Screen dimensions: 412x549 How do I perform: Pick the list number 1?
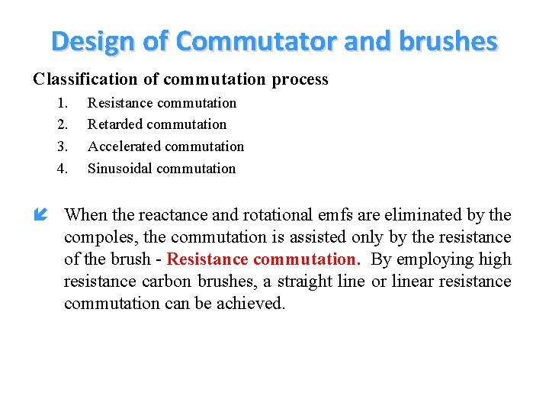click(63, 103)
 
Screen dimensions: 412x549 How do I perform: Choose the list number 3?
click(63, 146)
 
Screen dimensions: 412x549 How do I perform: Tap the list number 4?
click(63, 169)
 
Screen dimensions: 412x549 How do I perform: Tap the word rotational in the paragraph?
click(273, 215)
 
